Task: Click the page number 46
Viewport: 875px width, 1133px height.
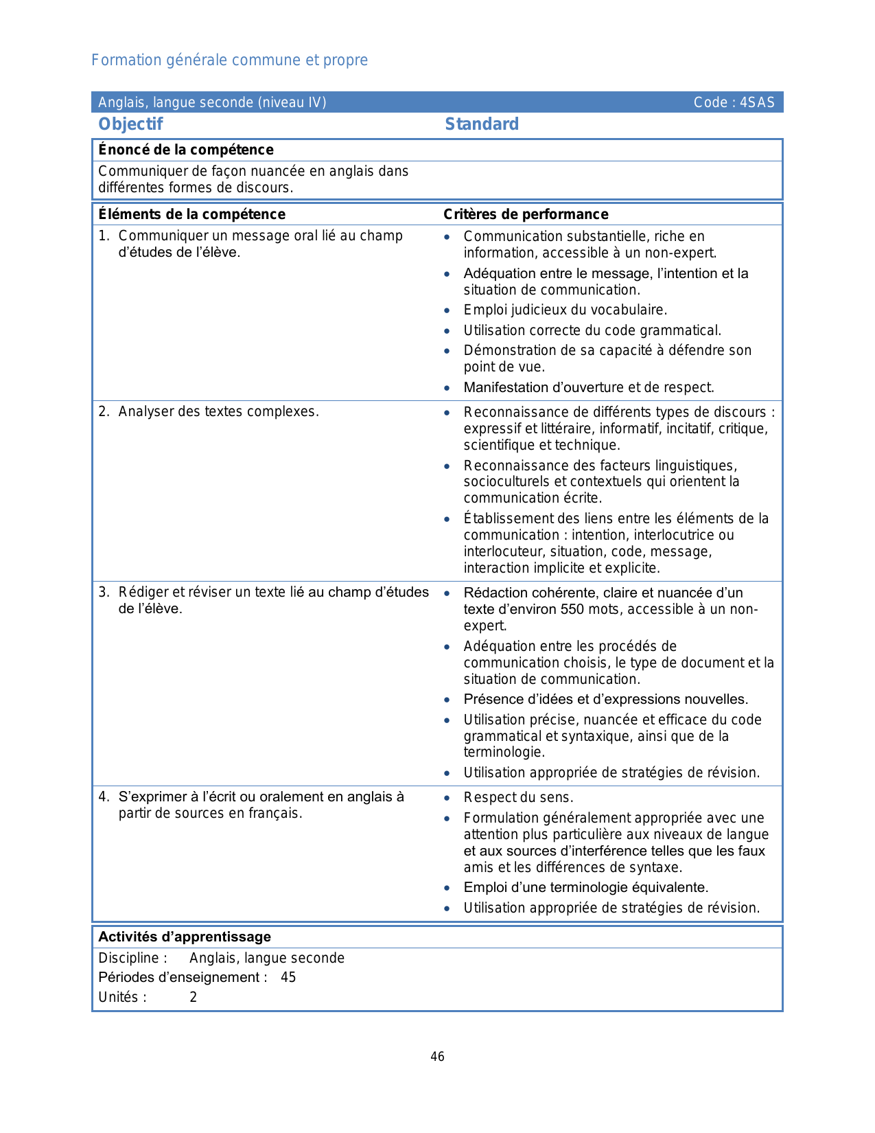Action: point(437,1056)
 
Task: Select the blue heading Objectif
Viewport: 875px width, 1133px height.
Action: point(130,124)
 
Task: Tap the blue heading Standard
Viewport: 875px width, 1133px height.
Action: point(482,124)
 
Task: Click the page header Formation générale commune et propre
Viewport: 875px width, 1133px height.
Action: point(229,60)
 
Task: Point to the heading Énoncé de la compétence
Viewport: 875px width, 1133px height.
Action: point(186,150)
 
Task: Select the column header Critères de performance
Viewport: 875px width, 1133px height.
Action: point(526,214)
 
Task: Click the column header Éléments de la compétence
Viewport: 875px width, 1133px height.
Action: point(191,214)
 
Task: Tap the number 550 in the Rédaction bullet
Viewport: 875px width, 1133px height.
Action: point(572,609)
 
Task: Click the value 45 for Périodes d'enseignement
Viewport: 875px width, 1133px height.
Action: point(288,977)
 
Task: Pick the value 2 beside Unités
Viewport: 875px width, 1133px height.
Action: point(194,997)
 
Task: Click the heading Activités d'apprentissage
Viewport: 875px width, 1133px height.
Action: point(185,937)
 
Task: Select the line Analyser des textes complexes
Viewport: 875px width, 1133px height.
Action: point(218,412)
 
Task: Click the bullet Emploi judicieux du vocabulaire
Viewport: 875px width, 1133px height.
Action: point(565,310)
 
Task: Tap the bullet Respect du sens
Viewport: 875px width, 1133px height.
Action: point(518,797)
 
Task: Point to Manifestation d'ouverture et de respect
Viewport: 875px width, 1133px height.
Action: point(589,387)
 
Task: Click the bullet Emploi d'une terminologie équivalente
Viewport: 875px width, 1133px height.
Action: point(585,887)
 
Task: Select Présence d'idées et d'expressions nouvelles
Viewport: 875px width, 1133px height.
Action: point(605,699)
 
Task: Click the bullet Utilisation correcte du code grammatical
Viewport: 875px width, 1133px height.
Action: point(592,330)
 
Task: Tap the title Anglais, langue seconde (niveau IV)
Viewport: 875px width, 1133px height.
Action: point(212,102)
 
